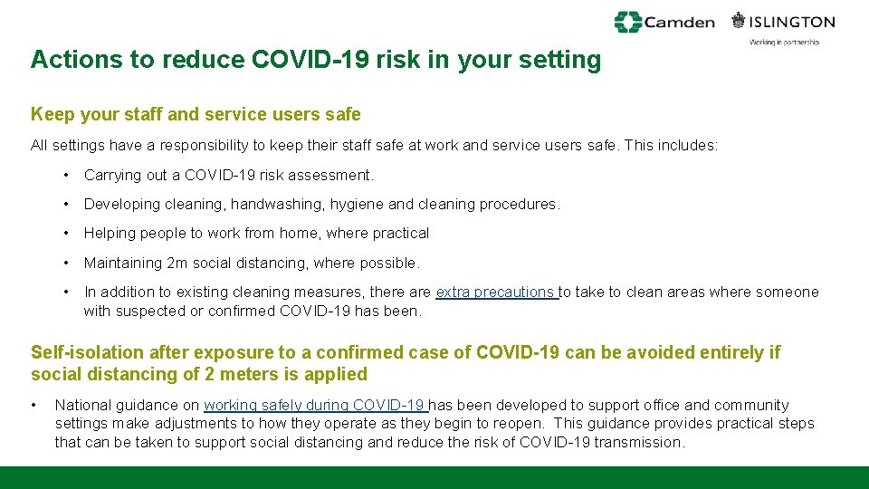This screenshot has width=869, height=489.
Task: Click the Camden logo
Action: tap(664, 22)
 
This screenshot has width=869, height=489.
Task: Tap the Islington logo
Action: tap(783, 21)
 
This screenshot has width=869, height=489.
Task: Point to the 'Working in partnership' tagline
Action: tap(784, 43)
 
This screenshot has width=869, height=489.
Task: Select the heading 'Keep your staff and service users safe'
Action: tap(196, 115)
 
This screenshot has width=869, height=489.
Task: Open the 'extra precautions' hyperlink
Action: tap(496, 292)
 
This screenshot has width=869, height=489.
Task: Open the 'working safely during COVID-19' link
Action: tap(315, 405)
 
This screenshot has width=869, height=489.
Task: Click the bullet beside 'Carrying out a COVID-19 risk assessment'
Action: tap(67, 175)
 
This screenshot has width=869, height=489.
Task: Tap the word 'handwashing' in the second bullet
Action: tap(270, 204)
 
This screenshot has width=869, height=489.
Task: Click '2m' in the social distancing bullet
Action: tap(178, 263)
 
